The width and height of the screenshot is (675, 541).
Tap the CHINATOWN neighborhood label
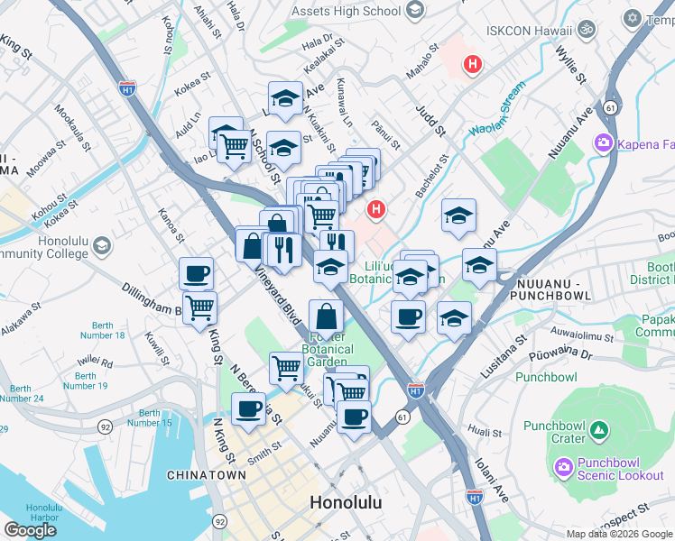click(x=207, y=474)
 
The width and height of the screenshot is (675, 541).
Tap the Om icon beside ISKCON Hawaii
click(x=587, y=30)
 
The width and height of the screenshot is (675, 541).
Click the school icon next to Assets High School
click(x=415, y=12)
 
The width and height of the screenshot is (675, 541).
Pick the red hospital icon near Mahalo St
click(x=471, y=64)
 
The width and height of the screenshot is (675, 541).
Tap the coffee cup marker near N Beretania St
click(x=248, y=408)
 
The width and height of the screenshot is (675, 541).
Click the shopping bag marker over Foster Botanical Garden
click(x=327, y=316)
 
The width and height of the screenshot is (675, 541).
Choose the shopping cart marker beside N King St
click(x=199, y=307)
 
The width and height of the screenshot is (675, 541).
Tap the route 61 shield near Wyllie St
click(x=611, y=107)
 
